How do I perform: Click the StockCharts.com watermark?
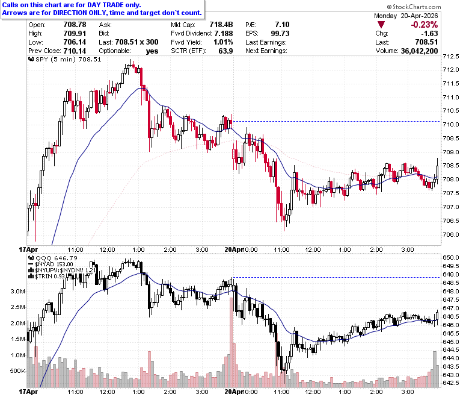coord(414,7)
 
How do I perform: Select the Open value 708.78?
coord(75,25)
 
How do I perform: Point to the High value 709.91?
coord(75,33)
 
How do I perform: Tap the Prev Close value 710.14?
coord(75,51)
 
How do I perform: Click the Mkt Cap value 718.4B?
coord(221,25)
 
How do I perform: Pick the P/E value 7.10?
coord(283,25)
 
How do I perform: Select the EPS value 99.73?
coord(280,33)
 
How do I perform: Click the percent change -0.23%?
coord(424,25)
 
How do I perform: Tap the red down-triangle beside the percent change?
coord(381,25)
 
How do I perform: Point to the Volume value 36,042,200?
coord(419,51)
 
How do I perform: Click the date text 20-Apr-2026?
coord(419,16)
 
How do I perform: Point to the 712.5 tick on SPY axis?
coord(451,57)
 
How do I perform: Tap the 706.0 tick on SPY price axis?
coord(451,234)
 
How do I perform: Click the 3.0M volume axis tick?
coord(18,291)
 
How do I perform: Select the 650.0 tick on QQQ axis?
coord(451,258)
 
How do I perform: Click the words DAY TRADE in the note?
coord(105,5)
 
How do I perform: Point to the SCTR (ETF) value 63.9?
coord(225,51)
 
